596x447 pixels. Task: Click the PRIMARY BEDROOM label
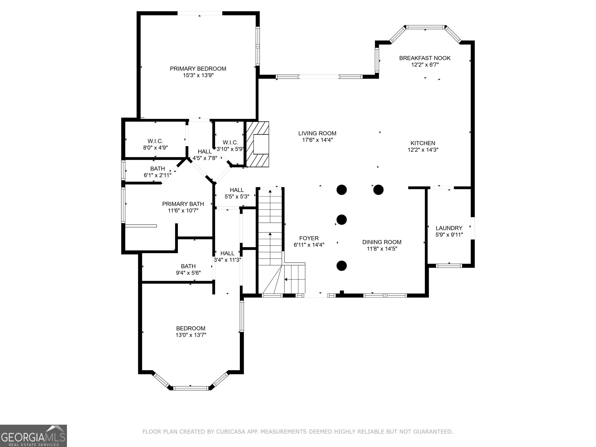(198, 69)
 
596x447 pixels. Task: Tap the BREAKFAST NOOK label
(425, 58)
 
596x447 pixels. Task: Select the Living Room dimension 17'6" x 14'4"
(317, 140)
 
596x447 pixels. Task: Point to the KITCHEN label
(423, 143)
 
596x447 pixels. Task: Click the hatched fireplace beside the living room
(258, 144)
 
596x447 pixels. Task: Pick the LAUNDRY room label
(449, 228)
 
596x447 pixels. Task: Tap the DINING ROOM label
(382, 242)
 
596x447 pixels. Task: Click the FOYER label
(309, 238)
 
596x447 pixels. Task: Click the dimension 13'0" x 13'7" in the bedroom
(191, 335)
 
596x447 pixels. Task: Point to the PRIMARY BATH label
(183, 204)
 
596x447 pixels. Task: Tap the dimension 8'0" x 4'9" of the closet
(155, 148)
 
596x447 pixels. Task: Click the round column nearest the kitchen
(378, 190)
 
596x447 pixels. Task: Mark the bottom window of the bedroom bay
(191, 388)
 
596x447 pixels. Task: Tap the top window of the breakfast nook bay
(425, 27)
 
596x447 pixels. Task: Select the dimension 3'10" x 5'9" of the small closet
(230, 149)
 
